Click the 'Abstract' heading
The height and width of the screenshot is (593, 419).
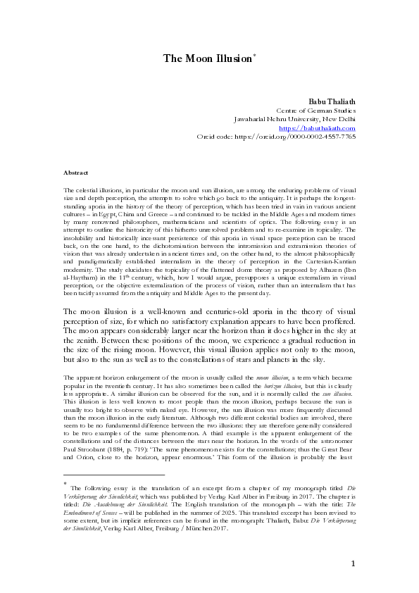75,173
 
